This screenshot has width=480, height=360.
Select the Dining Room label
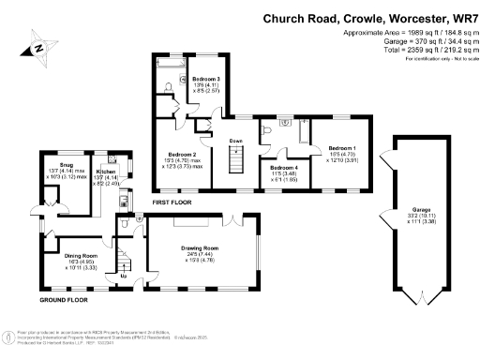(82, 260)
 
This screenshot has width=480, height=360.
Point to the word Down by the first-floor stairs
(235, 141)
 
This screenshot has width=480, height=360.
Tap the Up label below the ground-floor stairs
(125, 276)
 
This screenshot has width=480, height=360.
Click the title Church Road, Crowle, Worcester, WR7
(369, 18)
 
